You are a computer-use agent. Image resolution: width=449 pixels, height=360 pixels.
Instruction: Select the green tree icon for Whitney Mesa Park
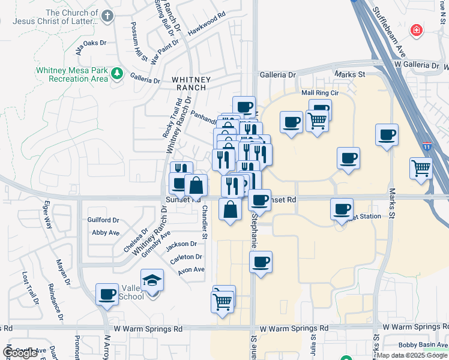click(117, 74)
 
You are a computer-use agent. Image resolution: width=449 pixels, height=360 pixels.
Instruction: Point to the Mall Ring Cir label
click(320, 93)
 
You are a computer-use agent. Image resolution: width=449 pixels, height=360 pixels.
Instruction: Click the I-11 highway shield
click(427, 146)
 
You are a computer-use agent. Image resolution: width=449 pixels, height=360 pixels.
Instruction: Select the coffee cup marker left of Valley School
click(107, 294)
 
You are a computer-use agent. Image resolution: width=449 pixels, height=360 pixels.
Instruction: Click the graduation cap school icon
click(152, 280)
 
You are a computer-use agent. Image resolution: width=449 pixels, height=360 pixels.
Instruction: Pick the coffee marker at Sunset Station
click(342, 209)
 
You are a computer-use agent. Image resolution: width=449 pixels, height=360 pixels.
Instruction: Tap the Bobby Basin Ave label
click(422, 346)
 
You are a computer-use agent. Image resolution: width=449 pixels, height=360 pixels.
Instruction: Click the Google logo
click(20, 353)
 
